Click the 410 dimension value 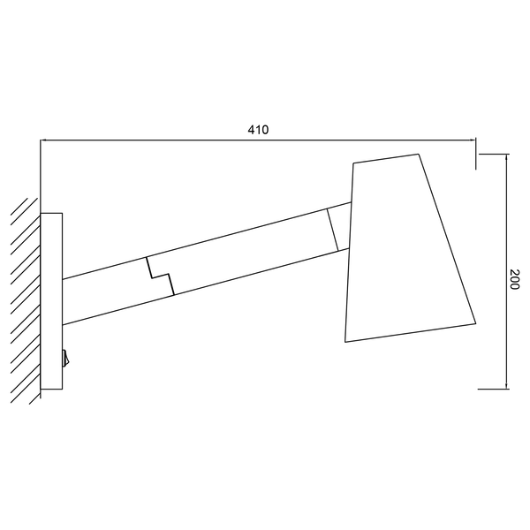pos(258,130)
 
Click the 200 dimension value pos(514,279)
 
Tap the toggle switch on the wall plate pos(66,359)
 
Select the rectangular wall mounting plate pos(51,301)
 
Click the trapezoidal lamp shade pos(411,248)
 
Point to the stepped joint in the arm pos(160,276)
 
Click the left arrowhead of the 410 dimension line pos(44,140)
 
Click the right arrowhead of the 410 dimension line pos(473,140)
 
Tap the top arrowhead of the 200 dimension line pos(506,158)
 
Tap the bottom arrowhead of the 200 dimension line pos(506,385)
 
